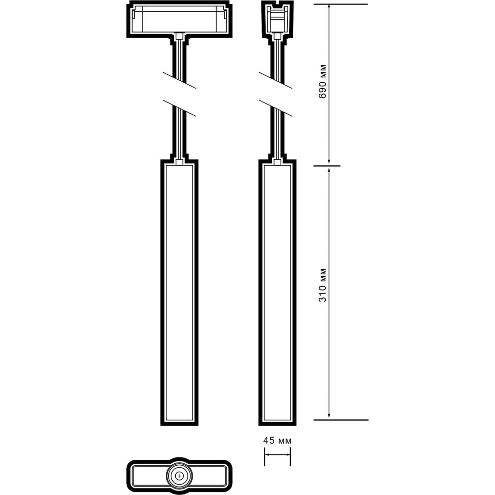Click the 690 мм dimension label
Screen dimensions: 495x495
coord(322,82)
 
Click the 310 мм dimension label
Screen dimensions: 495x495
coord(322,285)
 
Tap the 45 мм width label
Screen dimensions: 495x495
coord(278,441)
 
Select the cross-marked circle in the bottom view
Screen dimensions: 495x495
coord(179,475)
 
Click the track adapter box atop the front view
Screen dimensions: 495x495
coord(179,19)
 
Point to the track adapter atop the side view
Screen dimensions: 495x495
coord(278,19)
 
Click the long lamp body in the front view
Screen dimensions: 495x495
coord(179,293)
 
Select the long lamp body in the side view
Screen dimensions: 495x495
coord(278,293)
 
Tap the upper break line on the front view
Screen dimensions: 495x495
coord(179,80)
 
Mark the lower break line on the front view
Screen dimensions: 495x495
coord(179,108)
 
